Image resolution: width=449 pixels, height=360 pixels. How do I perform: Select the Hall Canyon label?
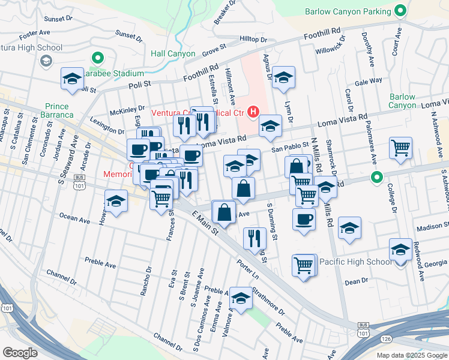173,54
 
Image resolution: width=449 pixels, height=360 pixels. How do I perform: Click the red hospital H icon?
253,112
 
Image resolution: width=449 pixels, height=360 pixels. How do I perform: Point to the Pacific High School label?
355,262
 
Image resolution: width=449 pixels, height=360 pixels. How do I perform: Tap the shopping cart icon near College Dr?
400,147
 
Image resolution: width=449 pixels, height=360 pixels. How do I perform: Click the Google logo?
20,352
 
